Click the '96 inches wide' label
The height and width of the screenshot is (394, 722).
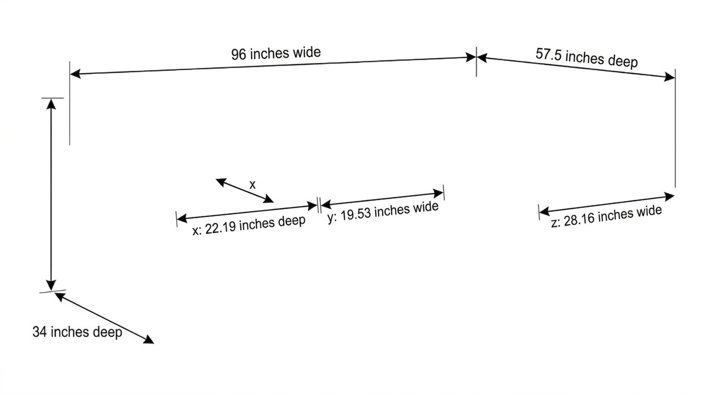click(x=276, y=53)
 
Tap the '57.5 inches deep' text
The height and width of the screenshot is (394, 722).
click(x=586, y=58)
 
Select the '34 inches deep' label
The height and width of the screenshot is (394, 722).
click(x=77, y=332)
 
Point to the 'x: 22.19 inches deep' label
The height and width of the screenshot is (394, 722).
click(x=249, y=225)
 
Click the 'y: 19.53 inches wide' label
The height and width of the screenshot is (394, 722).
click(x=383, y=212)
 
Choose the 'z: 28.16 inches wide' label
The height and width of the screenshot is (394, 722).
click(x=606, y=216)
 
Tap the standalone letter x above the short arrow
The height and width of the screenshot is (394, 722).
click(x=252, y=184)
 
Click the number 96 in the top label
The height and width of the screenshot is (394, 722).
click(x=239, y=54)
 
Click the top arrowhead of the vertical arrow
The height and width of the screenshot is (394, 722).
click(x=51, y=104)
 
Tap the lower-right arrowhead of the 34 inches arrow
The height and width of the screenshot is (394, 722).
click(x=149, y=340)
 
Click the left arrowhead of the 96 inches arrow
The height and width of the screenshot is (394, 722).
click(x=75, y=74)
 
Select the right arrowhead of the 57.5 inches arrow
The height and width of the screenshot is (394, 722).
click(x=670, y=77)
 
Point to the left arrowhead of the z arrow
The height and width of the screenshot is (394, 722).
click(x=545, y=212)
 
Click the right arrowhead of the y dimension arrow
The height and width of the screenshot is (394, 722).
click(x=438, y=194)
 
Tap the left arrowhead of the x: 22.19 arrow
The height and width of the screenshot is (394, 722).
click(x=182, y=218)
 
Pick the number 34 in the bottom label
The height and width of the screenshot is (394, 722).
click(x=40, y=332)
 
